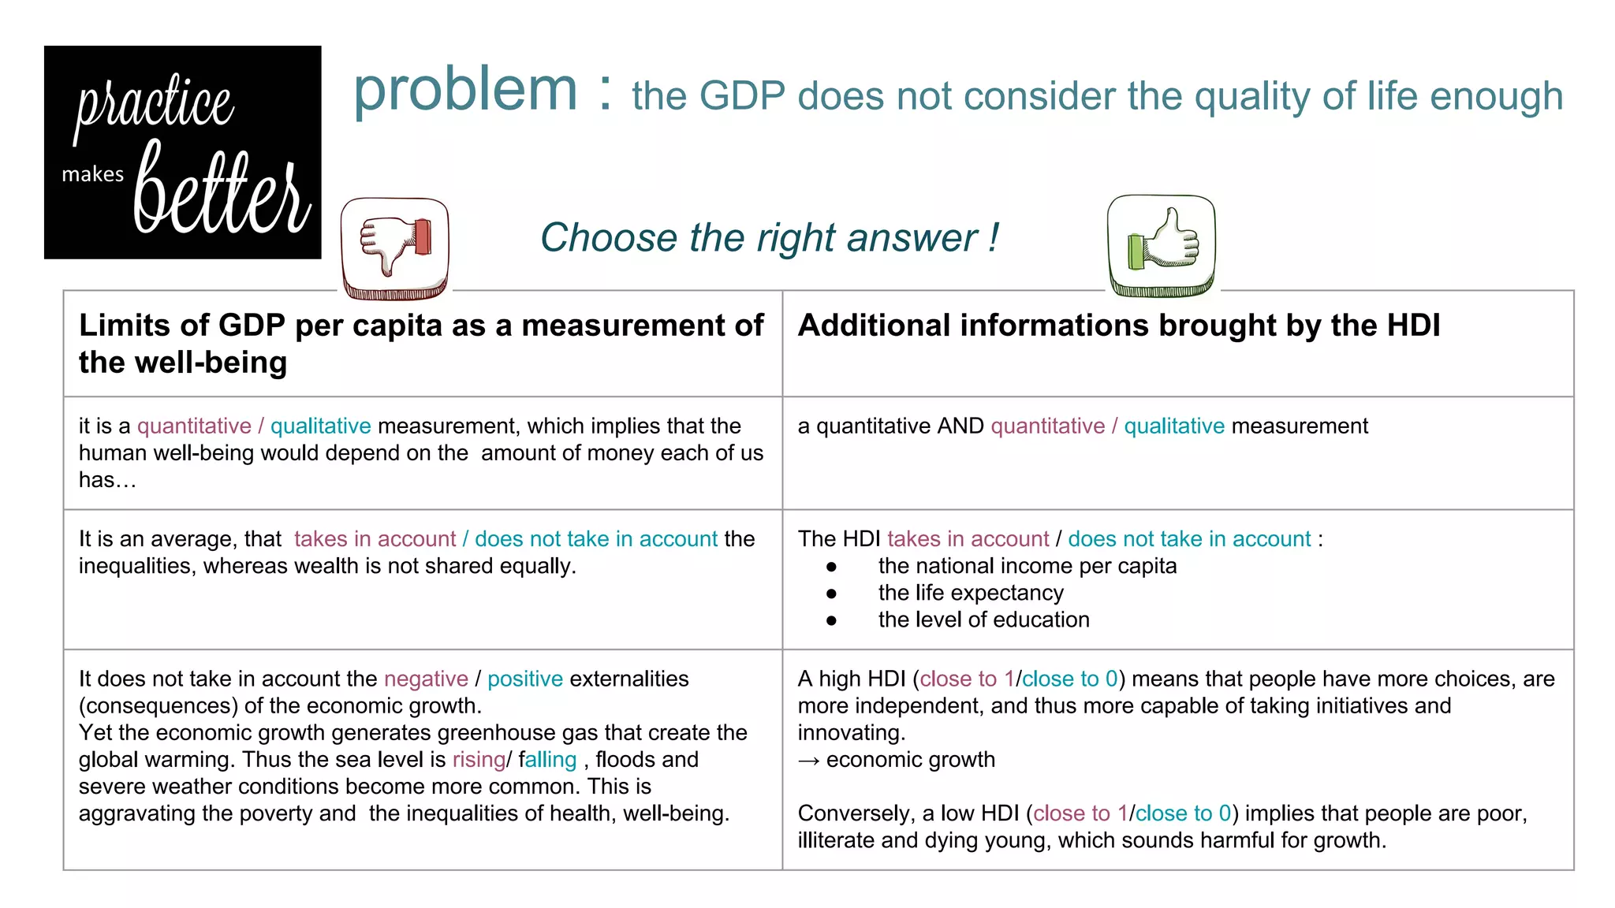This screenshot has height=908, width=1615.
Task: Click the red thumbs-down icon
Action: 395,248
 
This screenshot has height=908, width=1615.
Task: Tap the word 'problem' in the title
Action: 465,89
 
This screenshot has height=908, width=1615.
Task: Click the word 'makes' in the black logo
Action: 93,174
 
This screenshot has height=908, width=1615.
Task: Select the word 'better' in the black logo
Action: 222,192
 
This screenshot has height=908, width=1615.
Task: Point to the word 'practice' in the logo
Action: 155,105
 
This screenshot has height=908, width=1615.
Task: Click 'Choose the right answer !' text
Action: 769,237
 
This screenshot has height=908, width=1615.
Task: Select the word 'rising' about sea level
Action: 479,760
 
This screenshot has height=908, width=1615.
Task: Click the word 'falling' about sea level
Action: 548,760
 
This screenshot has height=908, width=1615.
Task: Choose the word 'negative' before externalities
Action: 426,679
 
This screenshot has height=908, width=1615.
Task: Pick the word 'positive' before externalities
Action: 525,679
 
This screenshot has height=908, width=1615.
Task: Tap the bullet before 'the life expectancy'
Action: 831,594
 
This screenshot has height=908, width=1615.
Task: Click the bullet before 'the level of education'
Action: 831,620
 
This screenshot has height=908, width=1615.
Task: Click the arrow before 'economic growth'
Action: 809,761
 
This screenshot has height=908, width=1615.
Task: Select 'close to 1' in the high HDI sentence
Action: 967,679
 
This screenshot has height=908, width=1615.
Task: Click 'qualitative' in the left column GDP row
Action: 320,426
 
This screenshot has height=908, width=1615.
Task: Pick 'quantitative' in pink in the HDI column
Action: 1047,426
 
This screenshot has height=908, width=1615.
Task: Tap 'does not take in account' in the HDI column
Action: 1189,539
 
